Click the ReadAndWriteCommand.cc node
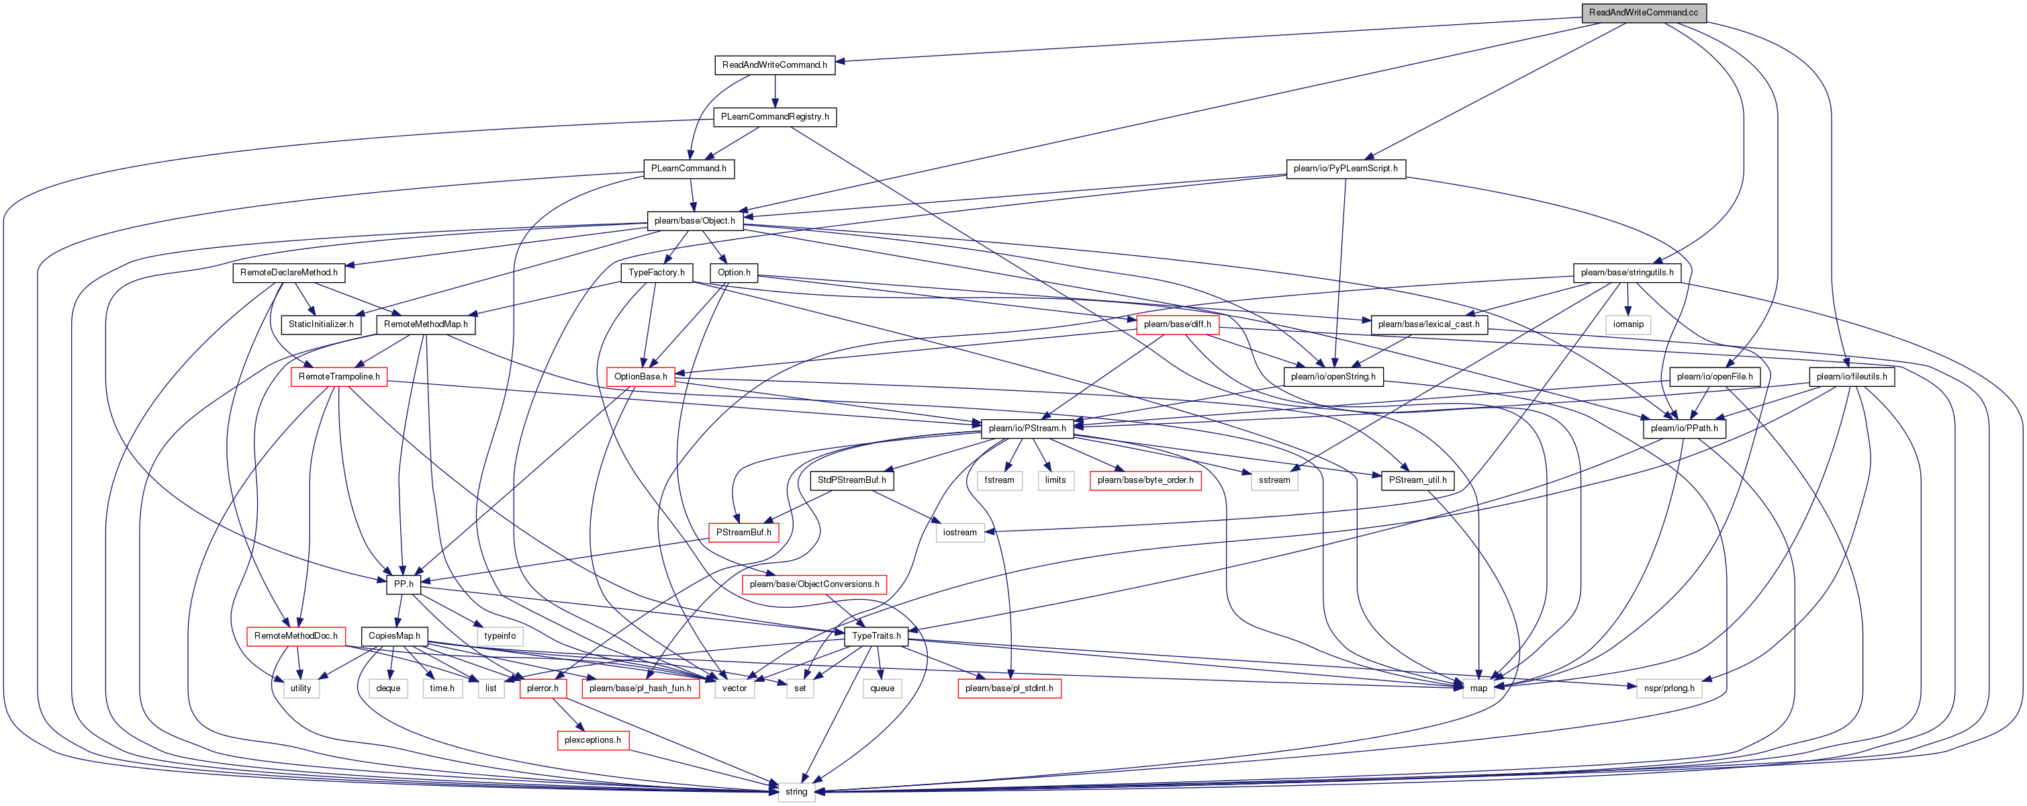(1643, 13)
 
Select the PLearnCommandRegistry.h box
(774, 116)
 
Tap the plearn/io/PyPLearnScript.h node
(1346, 169)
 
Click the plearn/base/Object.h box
(694, 220)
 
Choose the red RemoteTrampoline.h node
(339, 376)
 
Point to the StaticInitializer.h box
(321, 324)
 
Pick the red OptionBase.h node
(641, 376)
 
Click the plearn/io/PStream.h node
(1027, 429)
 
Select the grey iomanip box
(1628, 324)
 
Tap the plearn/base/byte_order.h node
(1145, 480)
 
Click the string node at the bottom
(796, 792)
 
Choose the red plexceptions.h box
(592, 740)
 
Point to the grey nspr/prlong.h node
(1669, 688)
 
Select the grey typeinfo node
(500, 636)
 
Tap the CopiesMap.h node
(394, 636)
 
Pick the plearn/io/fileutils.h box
(1852, 376)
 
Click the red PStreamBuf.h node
(743, 532)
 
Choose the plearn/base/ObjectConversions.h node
(814, 584)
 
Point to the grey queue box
(882, 688)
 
